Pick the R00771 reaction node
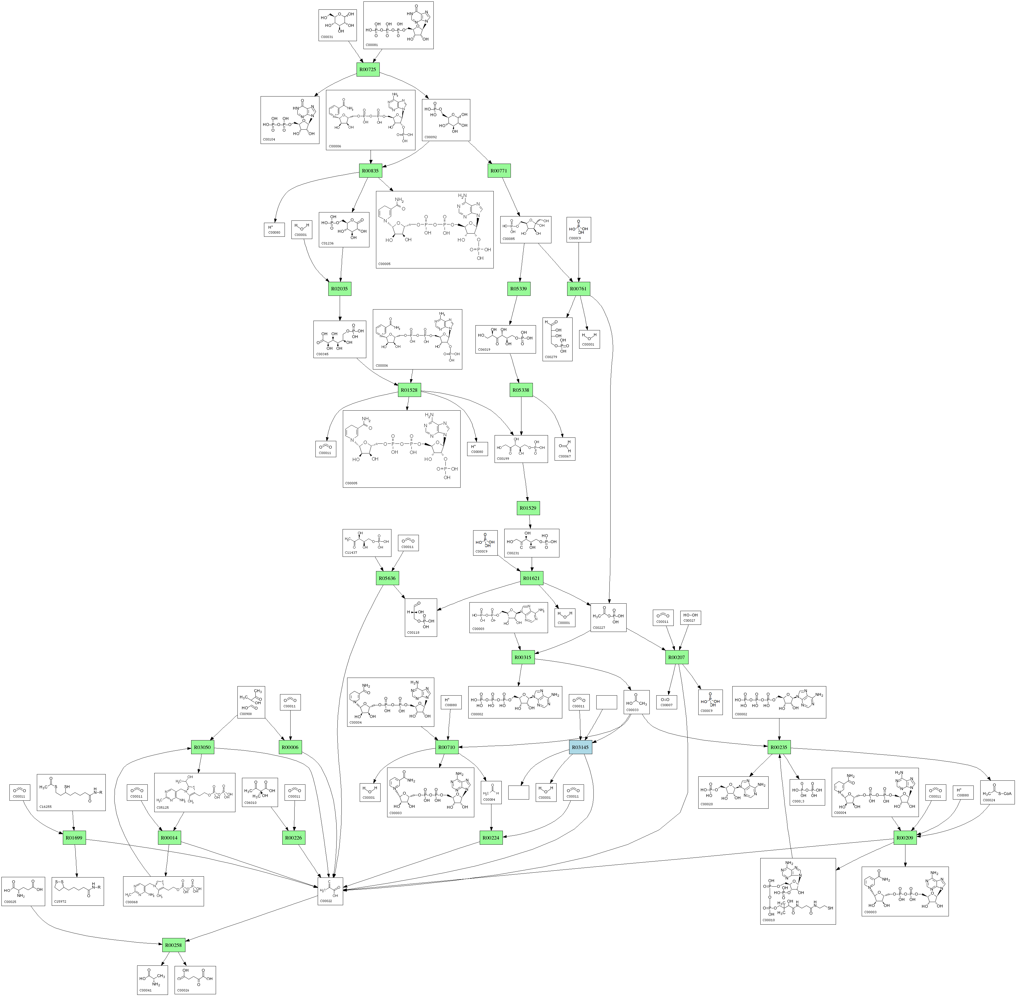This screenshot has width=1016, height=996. click(499, 171)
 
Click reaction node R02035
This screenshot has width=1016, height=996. click(340, 289)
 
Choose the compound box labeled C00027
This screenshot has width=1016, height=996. click(690, 618)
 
